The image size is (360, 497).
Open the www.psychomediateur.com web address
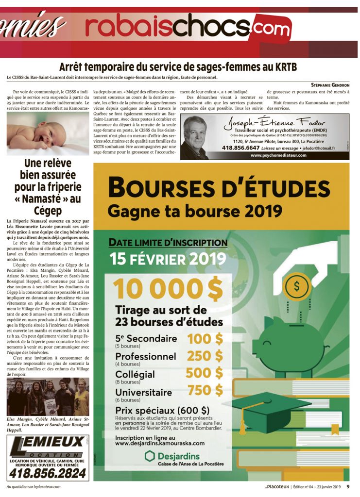(279, 155)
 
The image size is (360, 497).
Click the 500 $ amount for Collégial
(205, 373)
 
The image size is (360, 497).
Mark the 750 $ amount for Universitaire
(205, 390)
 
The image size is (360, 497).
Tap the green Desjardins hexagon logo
(150, 456)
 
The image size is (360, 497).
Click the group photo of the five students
(48, 397)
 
